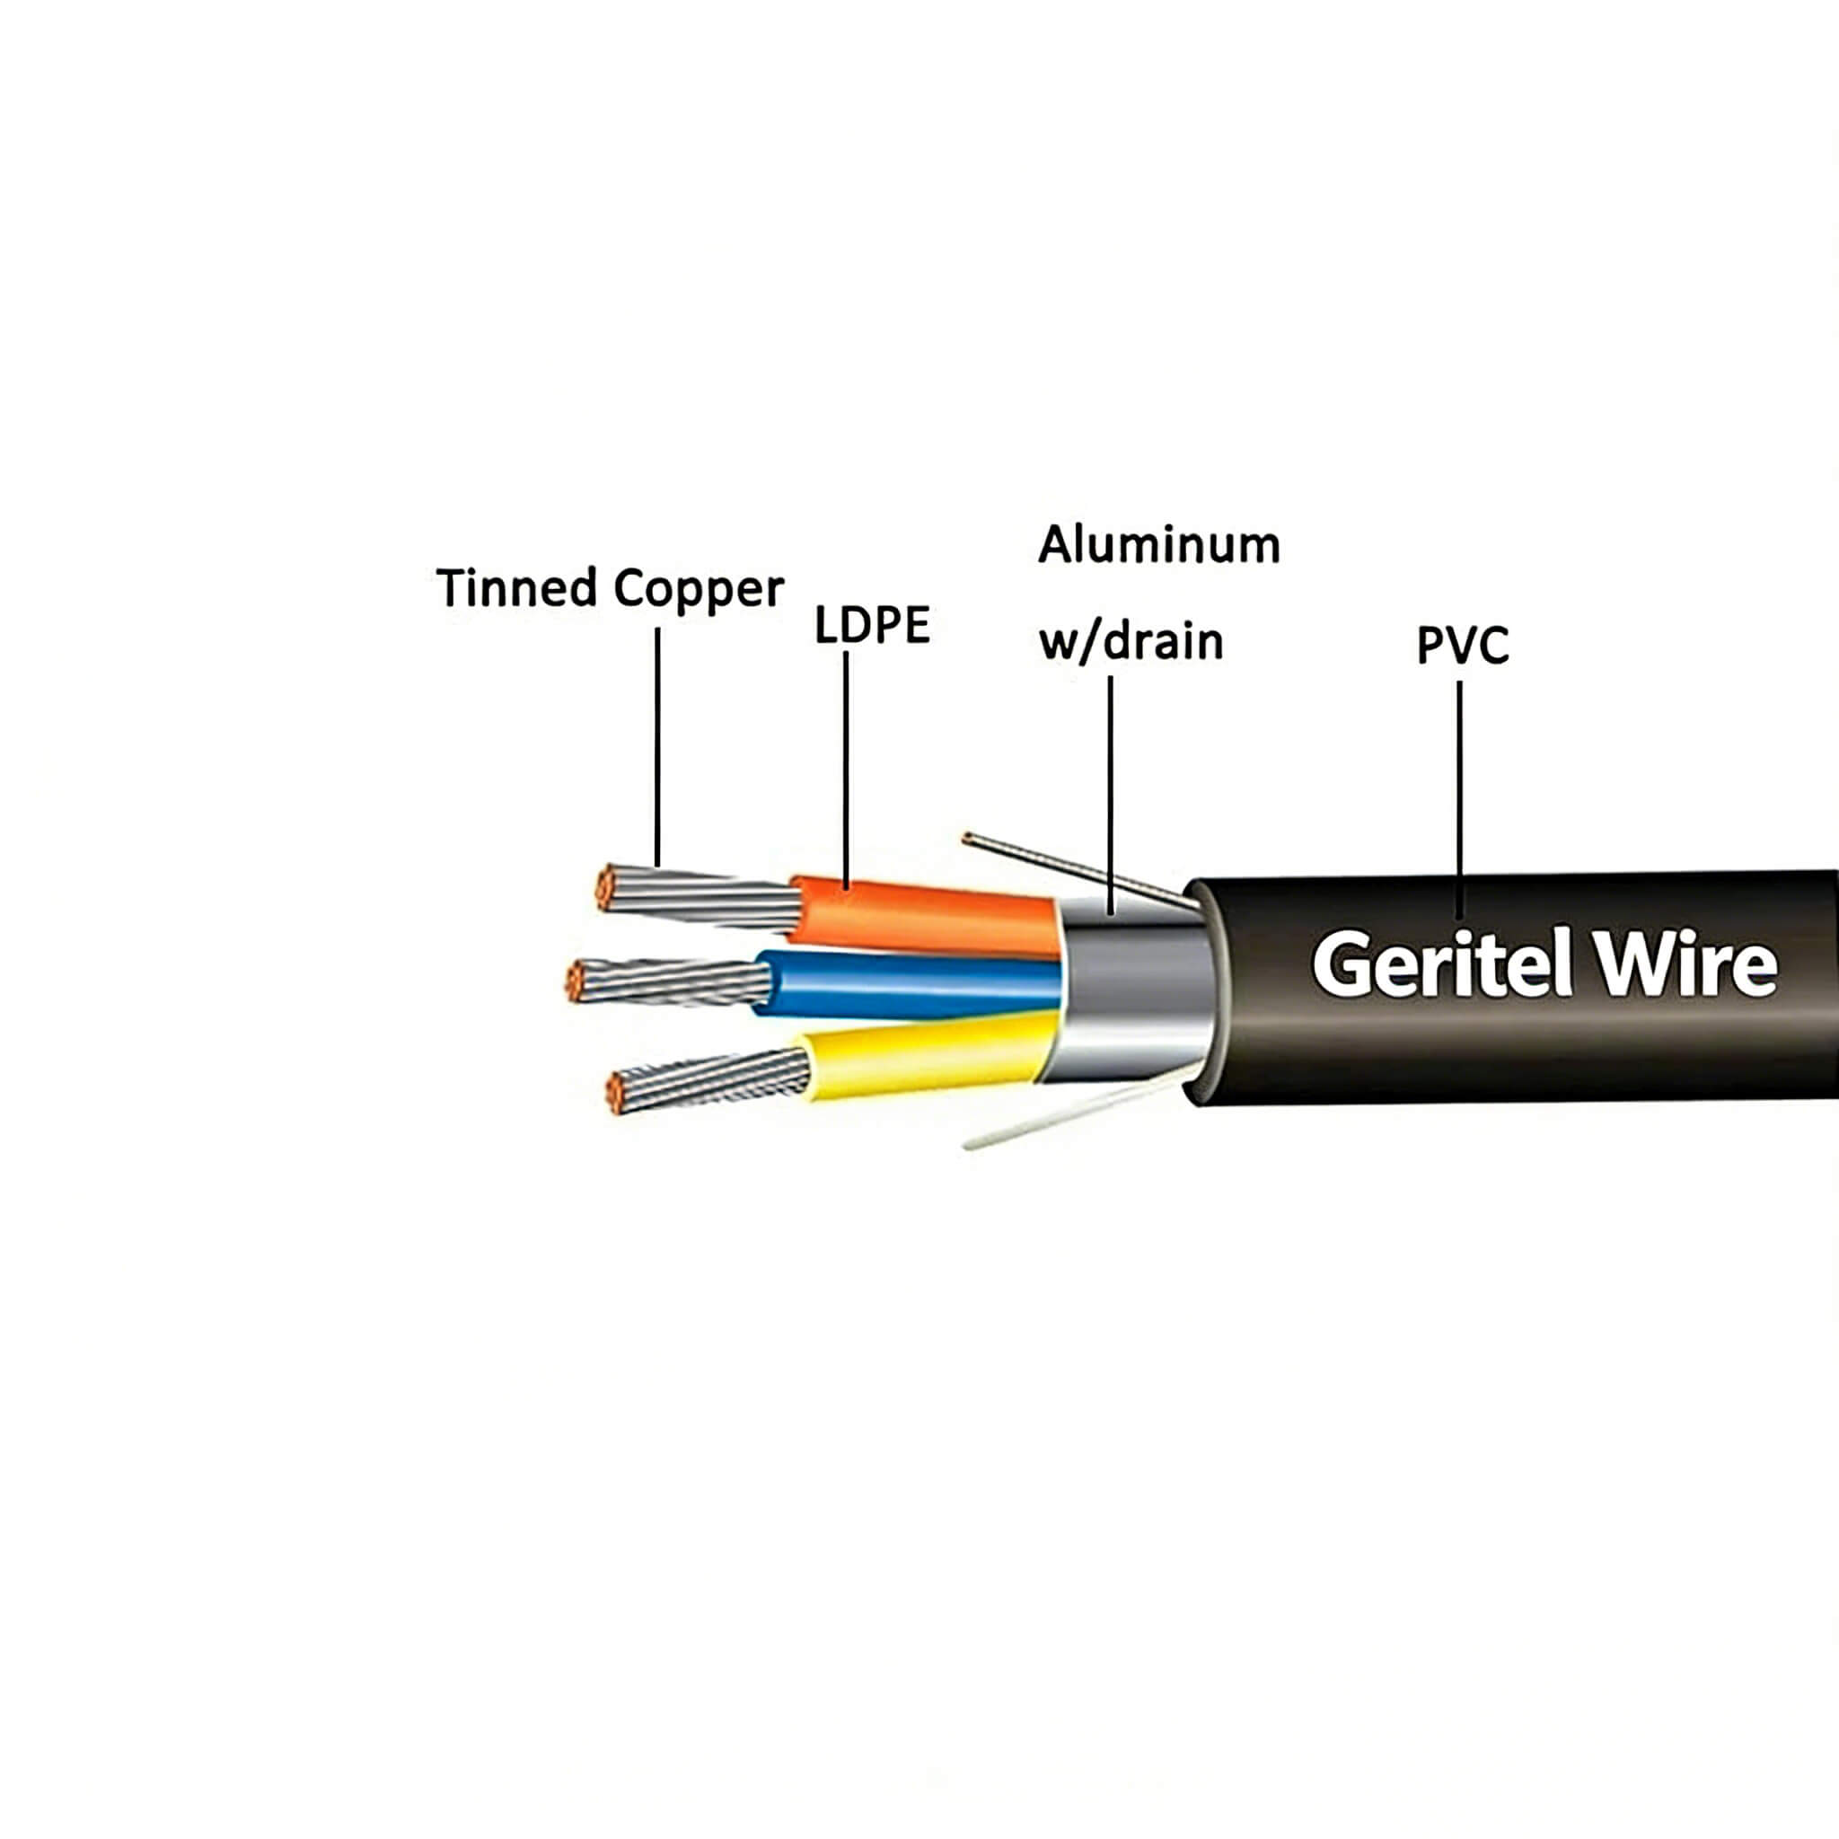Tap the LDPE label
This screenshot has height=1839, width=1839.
pos(871,625)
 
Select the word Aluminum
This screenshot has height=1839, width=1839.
pos(1158,545)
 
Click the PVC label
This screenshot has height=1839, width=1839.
pos(1462,647)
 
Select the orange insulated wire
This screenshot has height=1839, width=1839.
pos(923,916)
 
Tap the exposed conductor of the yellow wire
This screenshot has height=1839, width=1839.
pos(709,1080)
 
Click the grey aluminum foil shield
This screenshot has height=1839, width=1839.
pos(1132,990)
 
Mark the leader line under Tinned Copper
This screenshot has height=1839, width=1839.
pos(656,747)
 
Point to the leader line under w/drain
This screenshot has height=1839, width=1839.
pos(1110,790)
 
